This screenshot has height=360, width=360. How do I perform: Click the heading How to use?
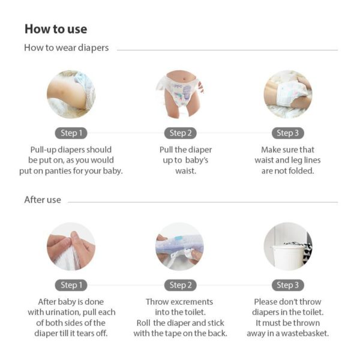coord(56,29)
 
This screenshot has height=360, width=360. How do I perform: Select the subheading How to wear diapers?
coord(67,48)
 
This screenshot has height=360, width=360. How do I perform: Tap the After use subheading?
coord(43,200)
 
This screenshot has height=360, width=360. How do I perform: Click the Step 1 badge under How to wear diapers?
coord(71,133)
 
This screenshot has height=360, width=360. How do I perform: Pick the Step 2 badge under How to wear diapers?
coord(181,133)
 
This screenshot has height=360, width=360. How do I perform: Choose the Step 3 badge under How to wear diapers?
coord(288,133)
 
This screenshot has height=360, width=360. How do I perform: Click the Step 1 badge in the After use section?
coord(71,285)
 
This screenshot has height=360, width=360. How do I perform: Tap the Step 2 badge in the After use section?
coord(181,285)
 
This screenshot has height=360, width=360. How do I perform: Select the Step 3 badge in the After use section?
coord(288,285)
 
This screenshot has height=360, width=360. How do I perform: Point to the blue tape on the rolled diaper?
coord(178,240)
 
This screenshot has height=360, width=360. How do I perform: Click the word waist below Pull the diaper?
coord(185,171)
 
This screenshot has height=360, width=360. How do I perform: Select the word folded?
coord(301,171)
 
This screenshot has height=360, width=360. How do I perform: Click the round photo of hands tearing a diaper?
coord(71,247)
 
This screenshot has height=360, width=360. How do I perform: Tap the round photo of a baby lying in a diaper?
coord(288,94)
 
